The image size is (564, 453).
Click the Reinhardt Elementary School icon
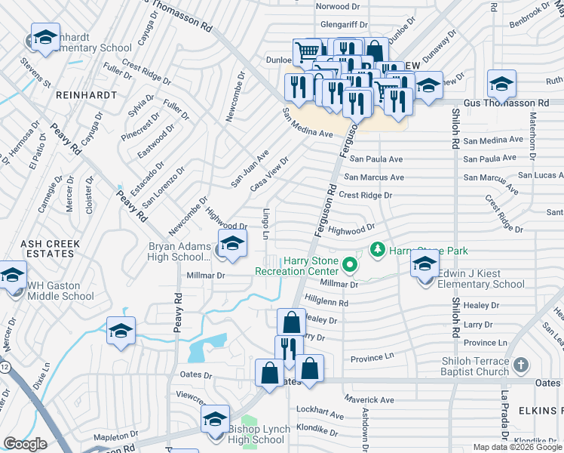click(45, 38)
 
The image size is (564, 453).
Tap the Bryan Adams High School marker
click(232, 244)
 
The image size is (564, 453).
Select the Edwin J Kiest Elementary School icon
click(425, 264)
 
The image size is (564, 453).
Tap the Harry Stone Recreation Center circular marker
click(349, 265)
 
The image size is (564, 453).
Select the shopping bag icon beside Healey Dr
click(291, 323)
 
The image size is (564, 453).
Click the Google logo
click(25, 444)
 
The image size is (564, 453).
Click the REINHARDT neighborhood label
click(85, 95)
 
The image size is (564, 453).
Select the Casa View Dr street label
click(271, 174)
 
